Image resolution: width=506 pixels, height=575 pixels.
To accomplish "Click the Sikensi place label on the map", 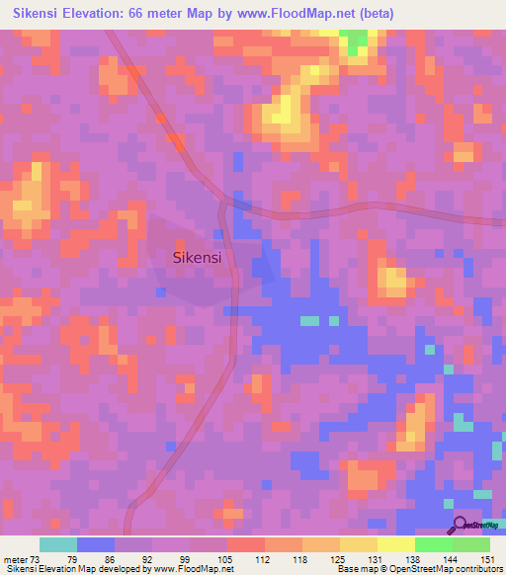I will (x=196, y=257).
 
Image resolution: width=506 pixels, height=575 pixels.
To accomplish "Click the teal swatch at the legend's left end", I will (x=58, y=544).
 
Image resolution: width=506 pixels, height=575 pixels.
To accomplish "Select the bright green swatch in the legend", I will (x=433, y=544).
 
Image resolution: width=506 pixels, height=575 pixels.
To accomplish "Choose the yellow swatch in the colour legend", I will (x=395, y=544).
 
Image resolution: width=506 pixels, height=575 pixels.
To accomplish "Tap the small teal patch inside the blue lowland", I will (x=310, y=321).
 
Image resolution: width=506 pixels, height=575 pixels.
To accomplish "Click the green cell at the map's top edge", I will (x=353, y=41).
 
